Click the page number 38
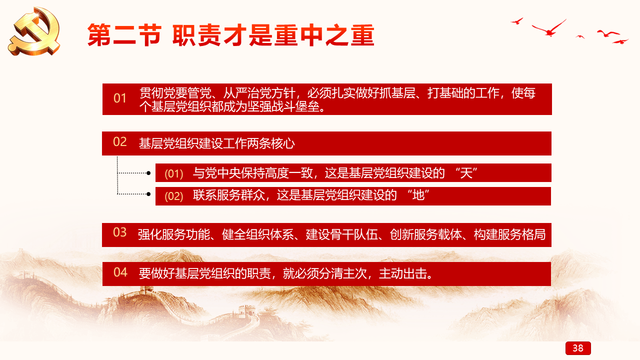(578, 348)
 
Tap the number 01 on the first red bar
(119, 98)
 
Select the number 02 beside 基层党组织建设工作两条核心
(119, 142)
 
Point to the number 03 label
(119, 232)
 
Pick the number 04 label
(120, 272)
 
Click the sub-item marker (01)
(173, 173)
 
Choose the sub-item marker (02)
(173, 196)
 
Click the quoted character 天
(466, 173)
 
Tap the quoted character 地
(418, 195)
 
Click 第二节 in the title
(124, 35)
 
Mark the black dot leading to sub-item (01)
(148, 173)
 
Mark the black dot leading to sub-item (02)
(148, 194)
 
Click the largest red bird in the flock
(549, 28)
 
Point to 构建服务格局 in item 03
(509, 234)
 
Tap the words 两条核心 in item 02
(271, 143)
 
